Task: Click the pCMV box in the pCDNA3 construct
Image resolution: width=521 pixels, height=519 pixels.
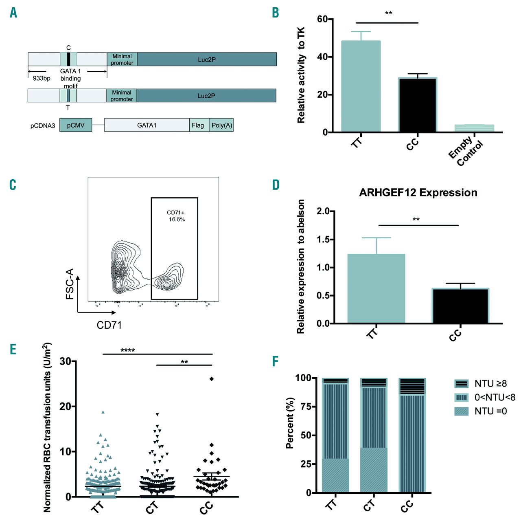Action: tap(76, 125)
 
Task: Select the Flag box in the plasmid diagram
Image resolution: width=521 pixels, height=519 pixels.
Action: tap(198, 125)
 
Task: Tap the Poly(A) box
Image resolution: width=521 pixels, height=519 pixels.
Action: tap(221, 125)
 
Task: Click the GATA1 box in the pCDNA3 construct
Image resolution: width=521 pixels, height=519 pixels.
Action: tap(147, 125)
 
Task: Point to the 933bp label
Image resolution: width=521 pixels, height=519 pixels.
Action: tap(42, 78)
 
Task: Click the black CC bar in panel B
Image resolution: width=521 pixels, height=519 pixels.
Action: tap(417, 105)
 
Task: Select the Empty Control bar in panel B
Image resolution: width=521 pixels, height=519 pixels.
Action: tap(474, 128)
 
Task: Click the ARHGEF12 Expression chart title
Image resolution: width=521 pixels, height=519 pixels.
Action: tap(418, 193)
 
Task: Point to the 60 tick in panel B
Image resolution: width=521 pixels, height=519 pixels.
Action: tap(322, 19)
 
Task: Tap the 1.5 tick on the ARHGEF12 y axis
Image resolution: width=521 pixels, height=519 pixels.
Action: tap(323, 240)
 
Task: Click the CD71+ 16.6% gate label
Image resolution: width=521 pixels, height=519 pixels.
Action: tap(176, 216)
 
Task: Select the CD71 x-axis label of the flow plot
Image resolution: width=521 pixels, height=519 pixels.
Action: tap(109, 325)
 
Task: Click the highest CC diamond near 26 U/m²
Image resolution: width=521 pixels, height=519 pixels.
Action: tap(212, 379)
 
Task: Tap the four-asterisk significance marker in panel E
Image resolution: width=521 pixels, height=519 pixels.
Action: tap(127, 350)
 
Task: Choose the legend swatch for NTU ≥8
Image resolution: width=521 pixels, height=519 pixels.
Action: tap(462, 384)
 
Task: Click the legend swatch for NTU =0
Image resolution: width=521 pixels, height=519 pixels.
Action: tap(462, 411)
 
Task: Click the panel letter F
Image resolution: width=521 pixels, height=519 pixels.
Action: tap(276, 361)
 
